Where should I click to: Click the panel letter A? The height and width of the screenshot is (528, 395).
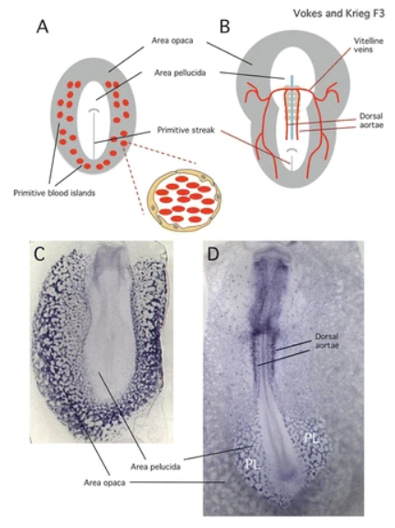(42, 27)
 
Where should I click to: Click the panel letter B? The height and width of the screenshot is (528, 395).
(225, 27)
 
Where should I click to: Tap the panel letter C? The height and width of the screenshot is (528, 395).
(39, 254)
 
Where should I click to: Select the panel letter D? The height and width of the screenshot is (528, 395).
(214, 255)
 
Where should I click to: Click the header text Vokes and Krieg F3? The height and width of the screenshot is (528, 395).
(338, 14)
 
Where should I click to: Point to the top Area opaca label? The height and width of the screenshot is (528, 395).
(172, 41)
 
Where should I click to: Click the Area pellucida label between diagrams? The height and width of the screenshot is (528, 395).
(180, 72)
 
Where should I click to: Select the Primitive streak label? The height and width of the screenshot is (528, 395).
(186, 130)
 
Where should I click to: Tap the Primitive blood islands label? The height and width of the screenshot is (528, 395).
(54, 193)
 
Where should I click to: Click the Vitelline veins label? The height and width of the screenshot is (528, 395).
(368, 45)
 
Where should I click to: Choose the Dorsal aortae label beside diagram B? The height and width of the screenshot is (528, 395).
(371, 120)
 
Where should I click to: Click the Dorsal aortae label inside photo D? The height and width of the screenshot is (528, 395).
(327, 340)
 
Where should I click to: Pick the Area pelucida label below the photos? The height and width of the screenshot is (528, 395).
(155, 467)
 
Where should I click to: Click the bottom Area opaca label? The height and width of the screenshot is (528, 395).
(104, 482)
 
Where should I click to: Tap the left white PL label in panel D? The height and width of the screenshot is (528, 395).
(253, 465)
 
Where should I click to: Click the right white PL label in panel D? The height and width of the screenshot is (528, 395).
(312, 438)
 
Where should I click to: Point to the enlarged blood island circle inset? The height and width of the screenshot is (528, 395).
(185, 200)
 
